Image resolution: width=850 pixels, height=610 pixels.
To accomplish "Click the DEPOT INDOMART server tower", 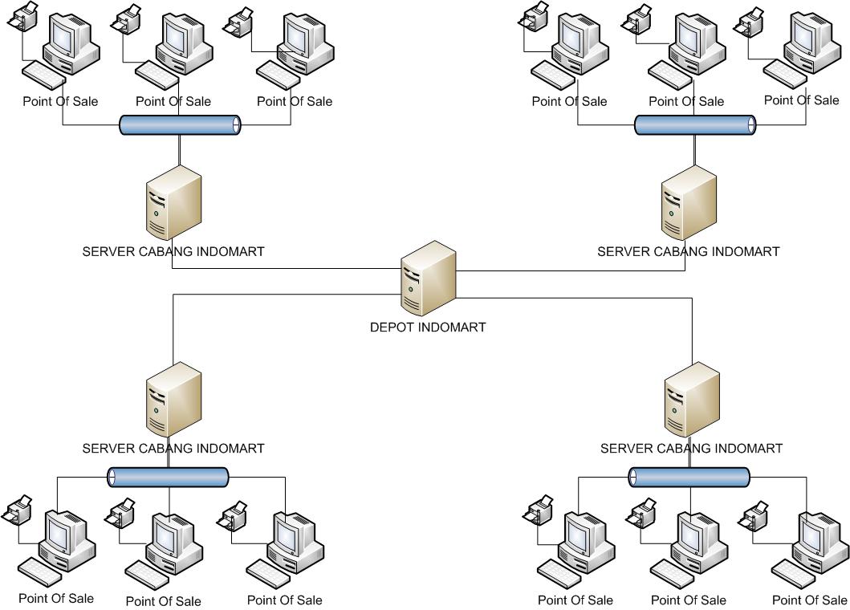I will tap(429, 277).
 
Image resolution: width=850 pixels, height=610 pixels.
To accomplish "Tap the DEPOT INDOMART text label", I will tap(428, 327).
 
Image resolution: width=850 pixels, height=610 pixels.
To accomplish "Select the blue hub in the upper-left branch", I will tap(180, 125).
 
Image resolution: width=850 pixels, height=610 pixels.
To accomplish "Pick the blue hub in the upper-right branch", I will tap(695, 125).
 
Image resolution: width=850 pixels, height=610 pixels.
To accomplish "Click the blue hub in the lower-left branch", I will tap(169, 478).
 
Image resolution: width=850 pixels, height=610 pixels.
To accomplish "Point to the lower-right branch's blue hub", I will tap(689, 478).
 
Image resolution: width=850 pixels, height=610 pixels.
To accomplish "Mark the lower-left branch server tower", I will tap(173, 400).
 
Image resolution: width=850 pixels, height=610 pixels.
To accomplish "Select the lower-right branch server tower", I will tap(693, 400).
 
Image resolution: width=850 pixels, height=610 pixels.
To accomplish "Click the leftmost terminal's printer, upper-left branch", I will tap(22, 16).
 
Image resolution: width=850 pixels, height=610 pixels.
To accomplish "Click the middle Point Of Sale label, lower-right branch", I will tap(688, 600).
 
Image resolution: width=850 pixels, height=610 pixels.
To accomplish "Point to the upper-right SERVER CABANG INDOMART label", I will tap(688, 251).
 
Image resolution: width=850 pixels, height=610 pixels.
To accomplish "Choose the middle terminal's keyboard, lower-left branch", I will tap(148, 572).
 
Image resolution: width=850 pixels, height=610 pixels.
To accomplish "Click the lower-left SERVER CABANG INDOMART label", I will tap(173, 449).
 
